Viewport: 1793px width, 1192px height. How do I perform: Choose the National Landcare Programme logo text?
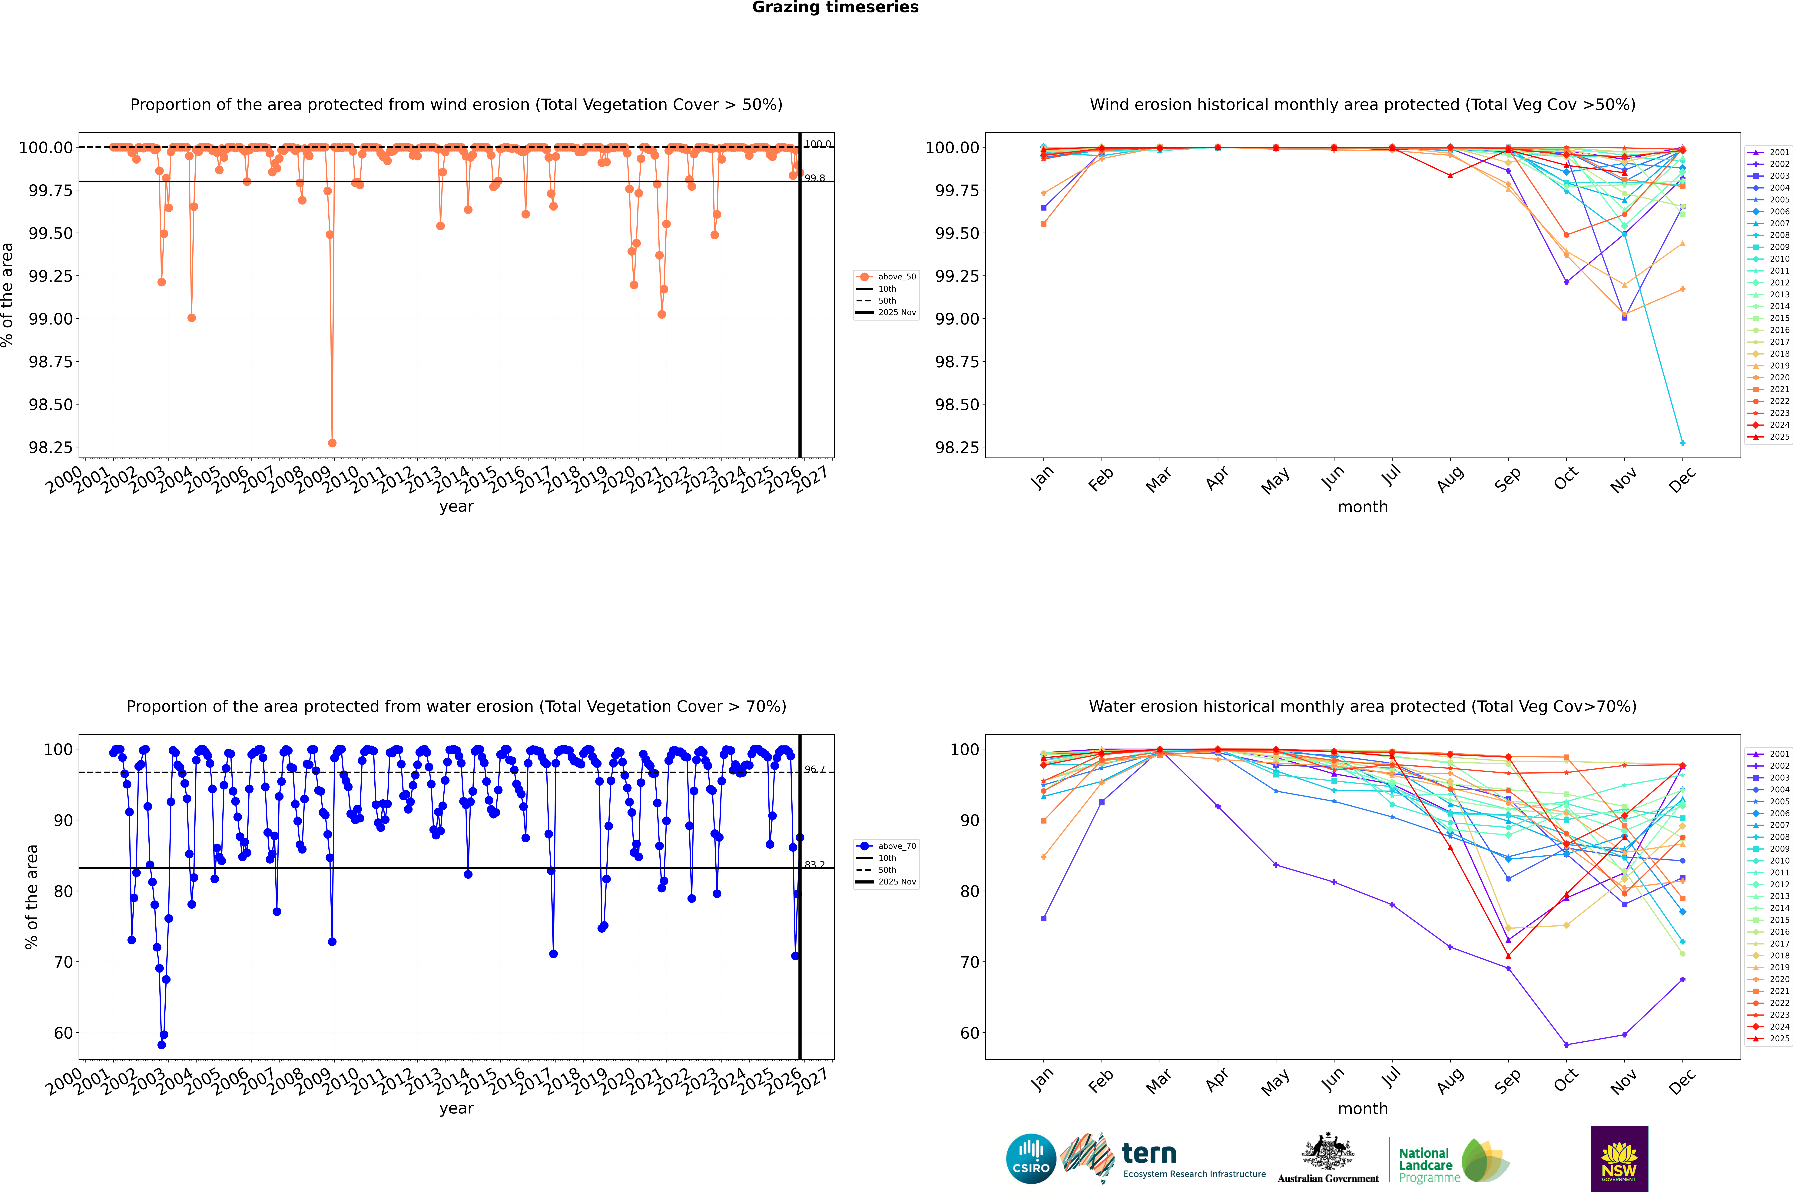pyautogui.click(x=1425, y=1165)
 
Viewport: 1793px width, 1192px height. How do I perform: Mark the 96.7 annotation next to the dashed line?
pyautogui.click(x=815, y=769)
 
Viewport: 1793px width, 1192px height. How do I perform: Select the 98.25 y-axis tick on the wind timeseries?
pyautogui.click(x=51, y=447)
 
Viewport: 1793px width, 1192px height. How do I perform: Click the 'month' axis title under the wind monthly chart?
pyautogui.click(x=1362, y=507)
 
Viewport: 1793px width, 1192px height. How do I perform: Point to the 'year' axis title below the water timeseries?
pyautogui.click(x=456, y=1108)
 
